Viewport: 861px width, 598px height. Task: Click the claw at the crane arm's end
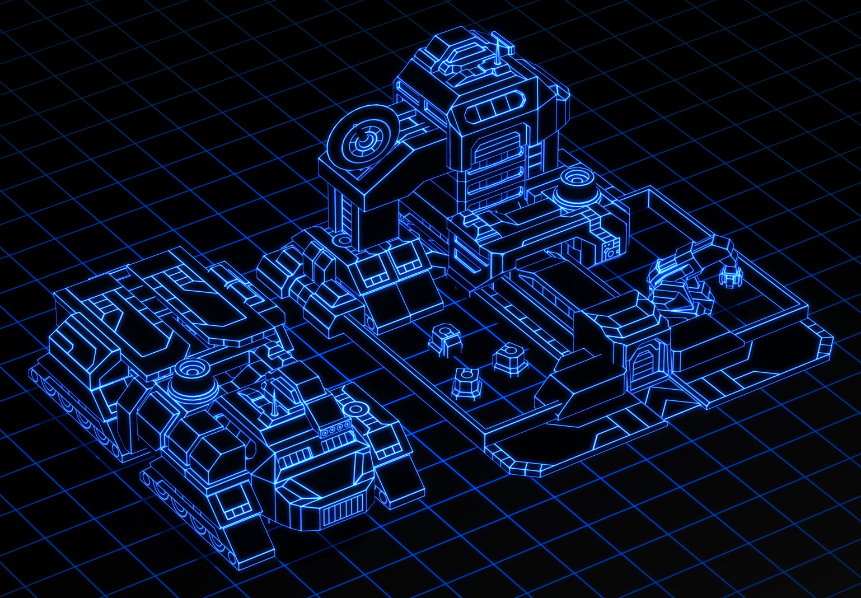[730, 275]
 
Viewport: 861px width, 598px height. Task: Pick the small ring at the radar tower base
[340, 241]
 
